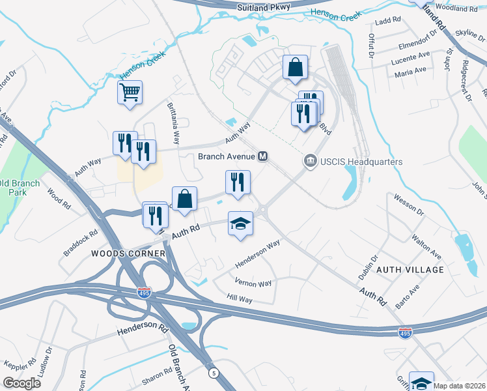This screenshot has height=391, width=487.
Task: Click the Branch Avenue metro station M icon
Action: (264, 156)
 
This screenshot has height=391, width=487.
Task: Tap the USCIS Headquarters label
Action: (359, 162)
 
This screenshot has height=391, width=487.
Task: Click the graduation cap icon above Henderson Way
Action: (240, 224)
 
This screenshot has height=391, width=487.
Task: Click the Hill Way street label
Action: (239, 297)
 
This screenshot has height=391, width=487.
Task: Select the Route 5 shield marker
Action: (213, 373)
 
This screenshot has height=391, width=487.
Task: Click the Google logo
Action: (21, 383)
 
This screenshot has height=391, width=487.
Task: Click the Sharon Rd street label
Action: (158, 376)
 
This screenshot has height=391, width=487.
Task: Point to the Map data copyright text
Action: (460, 386)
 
